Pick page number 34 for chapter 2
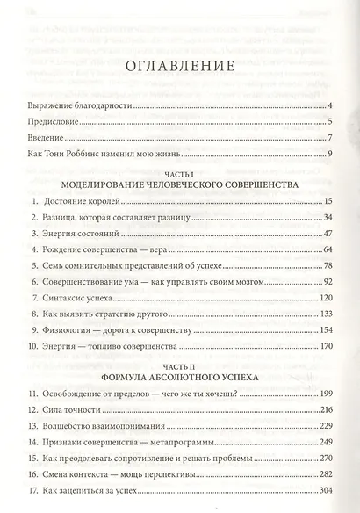[x=326, y=216]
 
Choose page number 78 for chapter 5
[x=326, y=266]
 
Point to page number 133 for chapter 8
[x=323, y=314]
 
